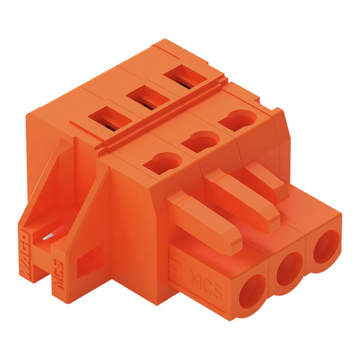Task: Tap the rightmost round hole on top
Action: pos(234,122)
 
